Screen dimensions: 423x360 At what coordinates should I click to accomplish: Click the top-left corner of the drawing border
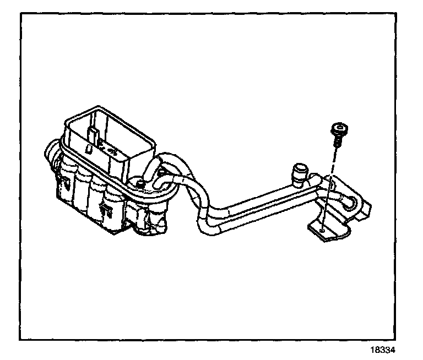(x=21, y=13)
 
